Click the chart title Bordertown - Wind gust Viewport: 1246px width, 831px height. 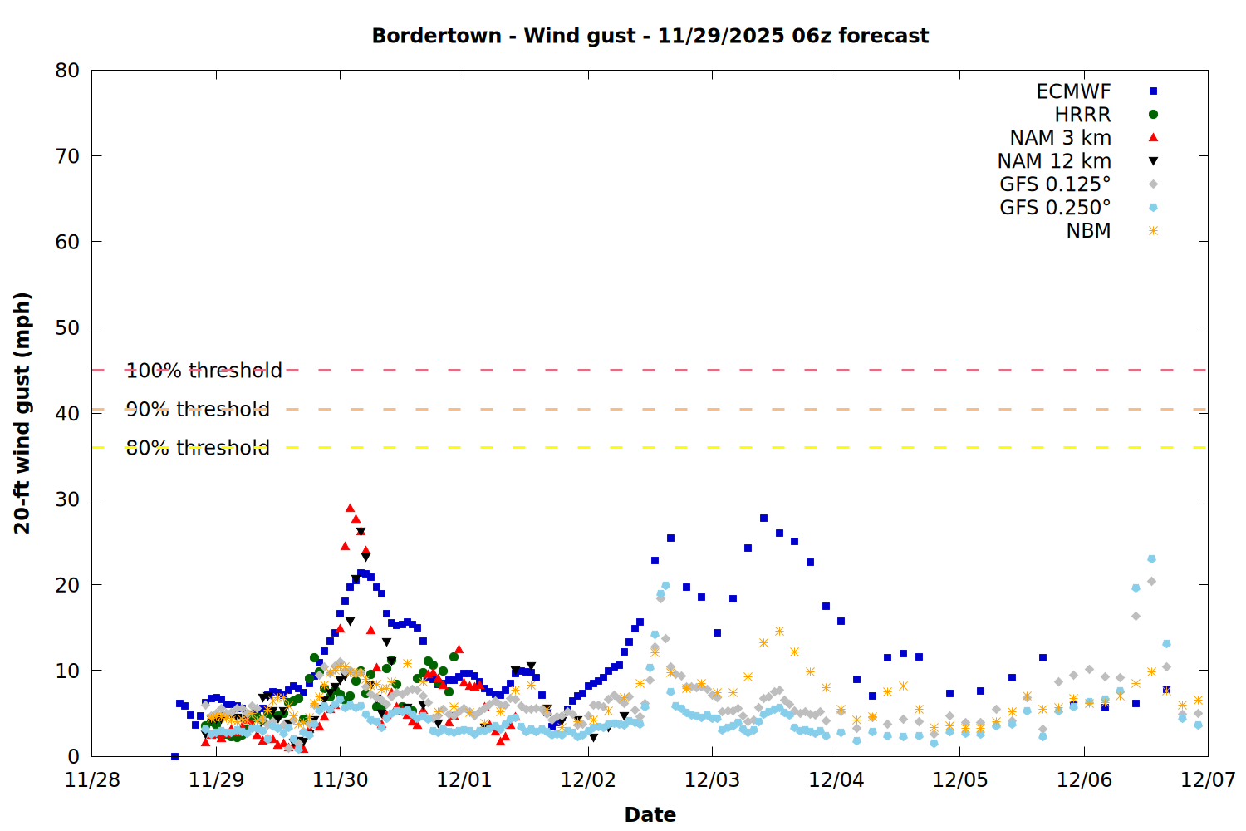tap(650, 36)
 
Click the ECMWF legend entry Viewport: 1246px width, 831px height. tap(1073, 91)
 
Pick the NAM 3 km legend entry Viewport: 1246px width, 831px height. tap(1060, 138)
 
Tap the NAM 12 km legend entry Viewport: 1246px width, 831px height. tap(1054, 161)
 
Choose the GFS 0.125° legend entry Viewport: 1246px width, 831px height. tap(1055, 184)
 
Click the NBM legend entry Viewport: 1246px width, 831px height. tap(1088, 231)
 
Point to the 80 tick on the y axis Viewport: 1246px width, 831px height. tap(67, 71)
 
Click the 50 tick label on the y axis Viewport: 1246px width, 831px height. tap(67, 327)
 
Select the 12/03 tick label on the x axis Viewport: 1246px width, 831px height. tap(712, 780)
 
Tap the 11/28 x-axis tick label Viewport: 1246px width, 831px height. tap(91, 780)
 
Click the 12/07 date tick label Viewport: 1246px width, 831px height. tap(1208, 780)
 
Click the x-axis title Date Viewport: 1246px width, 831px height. tap(650, 814)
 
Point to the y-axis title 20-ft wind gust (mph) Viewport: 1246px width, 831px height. tap(22, 413)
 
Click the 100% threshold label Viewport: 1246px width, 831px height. tap(204, 371)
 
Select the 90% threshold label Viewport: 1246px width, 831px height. tap(198, 409)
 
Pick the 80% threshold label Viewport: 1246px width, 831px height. tap(198, 448)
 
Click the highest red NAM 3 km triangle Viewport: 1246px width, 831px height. tap(350, 508)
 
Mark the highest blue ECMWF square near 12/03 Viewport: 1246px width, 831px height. tap(763, 518)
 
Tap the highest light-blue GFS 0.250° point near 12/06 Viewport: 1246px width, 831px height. tap(1151, 559)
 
